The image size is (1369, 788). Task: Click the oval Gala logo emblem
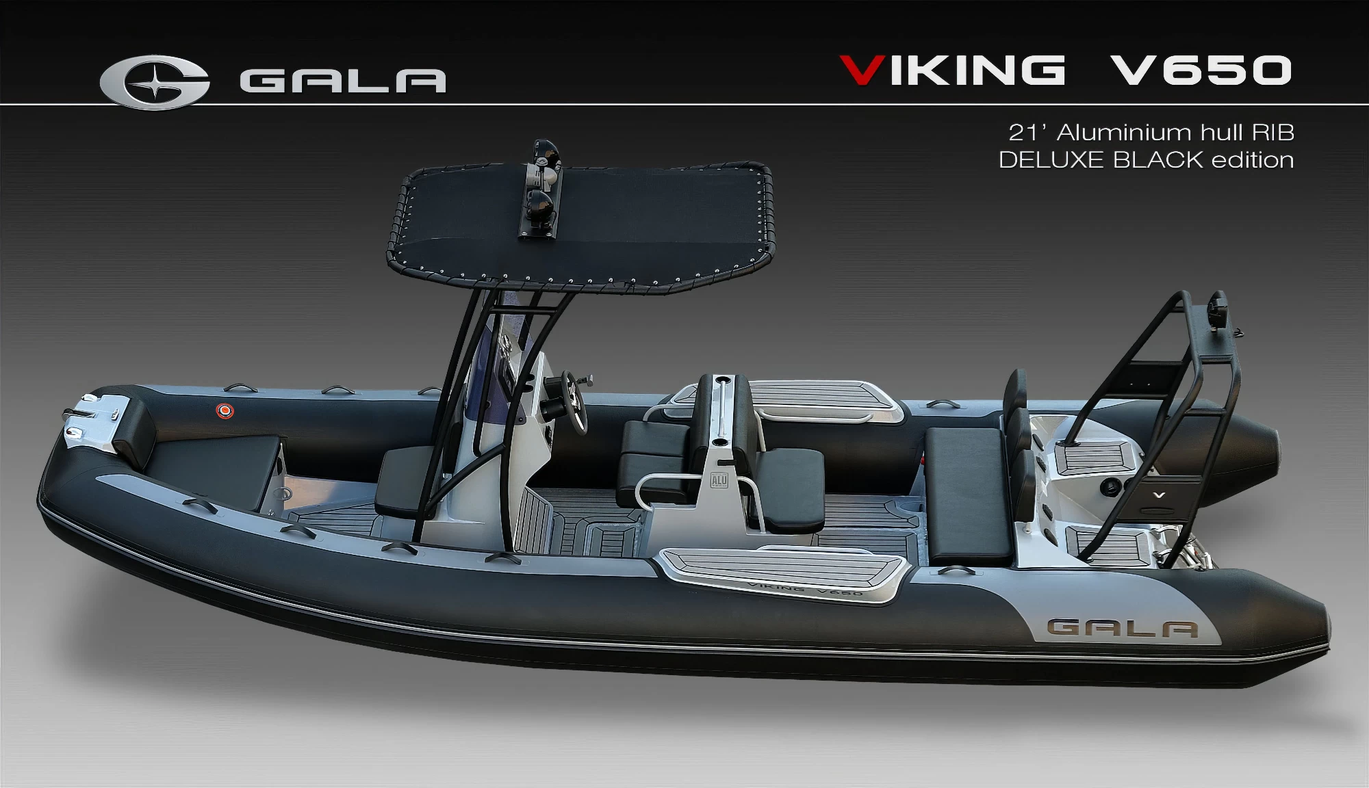pos(155,82)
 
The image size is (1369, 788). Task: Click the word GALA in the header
pos(343,81)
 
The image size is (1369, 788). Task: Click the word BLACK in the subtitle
pos(1157,160)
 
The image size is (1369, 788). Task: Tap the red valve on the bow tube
pos(225,410)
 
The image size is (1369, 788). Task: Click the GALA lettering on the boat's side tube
pos(1123,629)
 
